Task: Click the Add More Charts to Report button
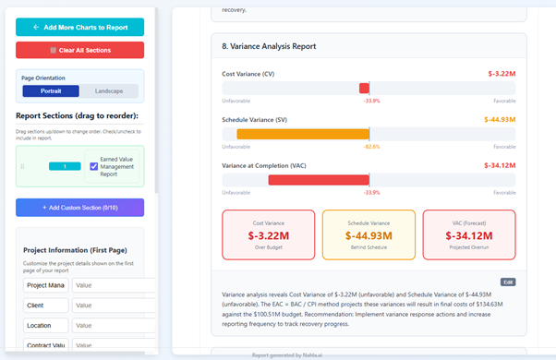(x=79, y=27)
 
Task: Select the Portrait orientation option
(x=51, y=91)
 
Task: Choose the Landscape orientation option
(x=108, y=91)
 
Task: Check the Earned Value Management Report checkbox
(x=94, y=166)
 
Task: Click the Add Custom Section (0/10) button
(x=79, y=208)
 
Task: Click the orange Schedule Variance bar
(x=303, y=134)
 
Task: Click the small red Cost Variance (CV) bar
(x=364, y=88)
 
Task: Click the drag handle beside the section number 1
(x=22, y=166)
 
